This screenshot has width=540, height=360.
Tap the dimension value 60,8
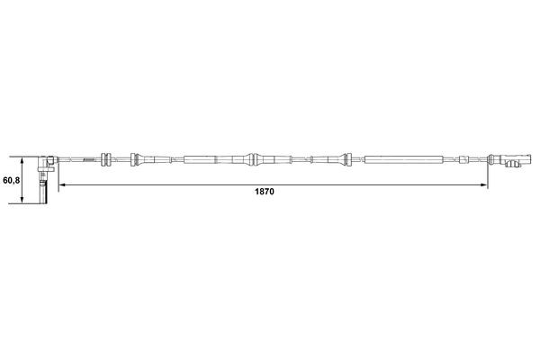coord(12,180)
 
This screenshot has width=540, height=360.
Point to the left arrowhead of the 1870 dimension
coord(62,185)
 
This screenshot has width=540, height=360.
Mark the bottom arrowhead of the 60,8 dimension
coord(22,202)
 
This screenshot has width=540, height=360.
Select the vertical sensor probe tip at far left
coord(43,192)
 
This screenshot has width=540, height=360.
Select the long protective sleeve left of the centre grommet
coord(207,160)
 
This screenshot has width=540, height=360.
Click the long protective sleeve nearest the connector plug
coord(404,160)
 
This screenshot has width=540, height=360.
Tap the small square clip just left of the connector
coord(463,160)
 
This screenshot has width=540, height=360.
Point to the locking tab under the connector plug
coord(516,168)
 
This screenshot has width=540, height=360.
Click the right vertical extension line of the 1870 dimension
coord(487,175)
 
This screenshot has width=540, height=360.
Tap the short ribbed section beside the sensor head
coord(88,160)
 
